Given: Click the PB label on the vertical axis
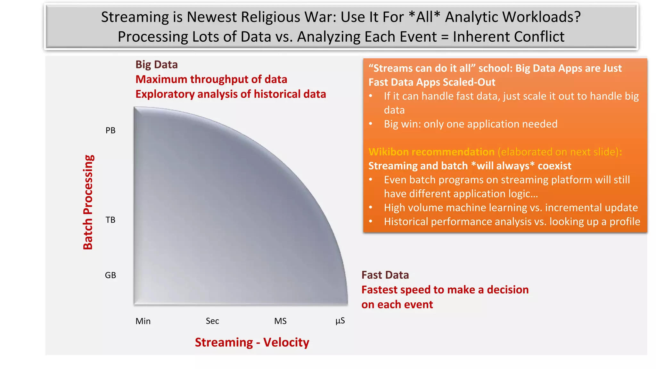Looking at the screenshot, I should (x=111, y=130).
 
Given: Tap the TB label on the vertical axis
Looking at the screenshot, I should (x=111, y=220).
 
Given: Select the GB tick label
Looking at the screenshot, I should (x=111, y=275).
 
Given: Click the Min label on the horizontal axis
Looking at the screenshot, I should (x=143, y=321).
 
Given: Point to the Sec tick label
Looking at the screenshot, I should (x=212, y=321).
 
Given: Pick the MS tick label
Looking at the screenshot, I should (x=280, y=321).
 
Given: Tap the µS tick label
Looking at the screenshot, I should (x=340, y=321).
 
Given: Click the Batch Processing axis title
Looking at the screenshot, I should (x=88, y=202).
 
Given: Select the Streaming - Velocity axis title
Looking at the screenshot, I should (x=252, y=342).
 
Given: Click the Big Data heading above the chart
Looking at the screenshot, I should (x=156, y=65).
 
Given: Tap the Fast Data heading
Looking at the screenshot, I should (x=385, y=275).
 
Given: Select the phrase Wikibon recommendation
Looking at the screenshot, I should (x=431, y=152).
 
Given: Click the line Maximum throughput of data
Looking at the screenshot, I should (x=211, y=79).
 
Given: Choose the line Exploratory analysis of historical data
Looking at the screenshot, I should (x=231, y=94).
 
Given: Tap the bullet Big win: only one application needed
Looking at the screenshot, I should (x=471, y=124).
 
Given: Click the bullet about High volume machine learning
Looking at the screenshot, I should (x=511, y=208).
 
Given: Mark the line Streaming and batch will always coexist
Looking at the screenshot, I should (x=470, y=166).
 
